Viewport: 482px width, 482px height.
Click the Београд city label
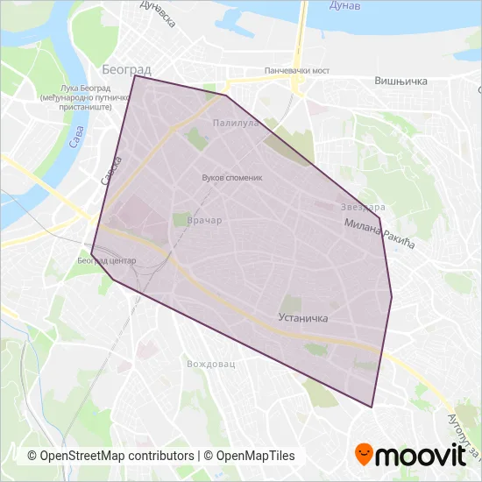pos(126,68)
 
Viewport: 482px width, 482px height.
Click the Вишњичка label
pos(400,82)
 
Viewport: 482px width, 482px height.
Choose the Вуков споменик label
pos(232,176)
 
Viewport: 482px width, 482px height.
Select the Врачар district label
pos(204,221)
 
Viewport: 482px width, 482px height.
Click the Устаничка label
pos(302,318)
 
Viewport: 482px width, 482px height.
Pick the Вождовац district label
pos(211,363)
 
